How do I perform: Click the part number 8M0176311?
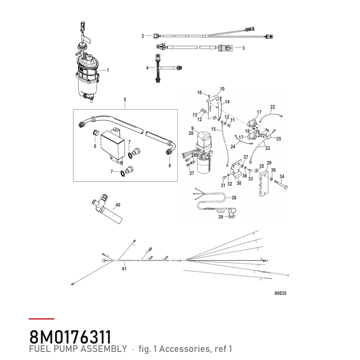pos(70,337)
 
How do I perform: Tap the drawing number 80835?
pos(280,293)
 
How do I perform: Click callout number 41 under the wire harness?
pos(124,268)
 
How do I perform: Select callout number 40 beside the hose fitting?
pos(118,205)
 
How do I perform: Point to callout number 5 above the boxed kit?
pos(125,100)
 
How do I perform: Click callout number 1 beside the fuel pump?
pos(107,70)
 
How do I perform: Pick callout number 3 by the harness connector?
pos(243,48)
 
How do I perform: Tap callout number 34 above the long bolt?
pos(282,176)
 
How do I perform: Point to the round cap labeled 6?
pos(96,133)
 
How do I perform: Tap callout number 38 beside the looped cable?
pos(234,198)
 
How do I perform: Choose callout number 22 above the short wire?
pos(273,107)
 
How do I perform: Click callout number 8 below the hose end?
pos(169,166)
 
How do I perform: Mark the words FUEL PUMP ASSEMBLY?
pos(78,349)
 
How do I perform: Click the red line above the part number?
pos(41,319)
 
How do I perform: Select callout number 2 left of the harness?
pos(143,36)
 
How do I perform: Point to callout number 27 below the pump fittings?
pos(192,173)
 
